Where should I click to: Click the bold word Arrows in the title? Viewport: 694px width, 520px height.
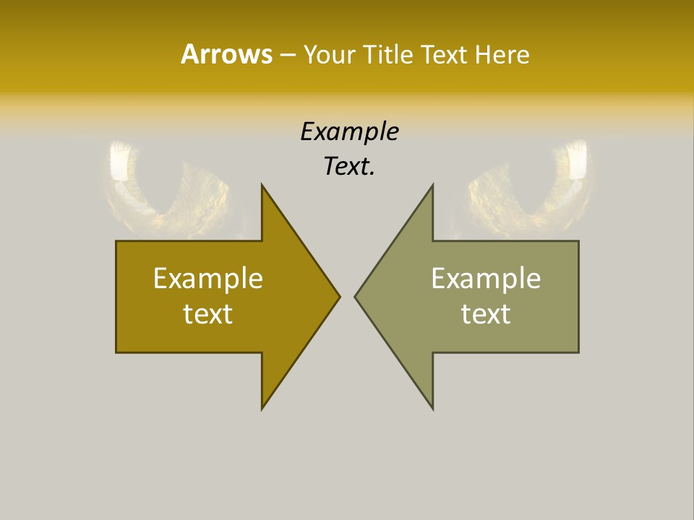point(226,53)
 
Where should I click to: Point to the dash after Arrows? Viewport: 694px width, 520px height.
point(287,55)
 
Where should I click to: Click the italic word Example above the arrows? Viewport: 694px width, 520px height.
point(350,131)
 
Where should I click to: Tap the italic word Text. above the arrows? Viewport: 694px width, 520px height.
point(350,167)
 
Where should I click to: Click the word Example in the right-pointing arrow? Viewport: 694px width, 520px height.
point(208,278)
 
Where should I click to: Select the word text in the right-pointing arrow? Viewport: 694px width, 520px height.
point(208,314)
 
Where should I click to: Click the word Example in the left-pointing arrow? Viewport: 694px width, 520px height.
point(486,278)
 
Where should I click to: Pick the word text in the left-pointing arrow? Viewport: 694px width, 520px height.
point(486,314)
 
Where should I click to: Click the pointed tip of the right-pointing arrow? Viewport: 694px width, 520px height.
point(339,296)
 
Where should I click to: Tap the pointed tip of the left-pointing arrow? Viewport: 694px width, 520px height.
point(356,296)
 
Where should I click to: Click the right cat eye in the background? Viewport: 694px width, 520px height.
point(528,188)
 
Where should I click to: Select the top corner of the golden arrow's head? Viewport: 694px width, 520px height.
point(262,186)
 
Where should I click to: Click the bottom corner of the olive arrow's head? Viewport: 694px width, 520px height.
point(432,408)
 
